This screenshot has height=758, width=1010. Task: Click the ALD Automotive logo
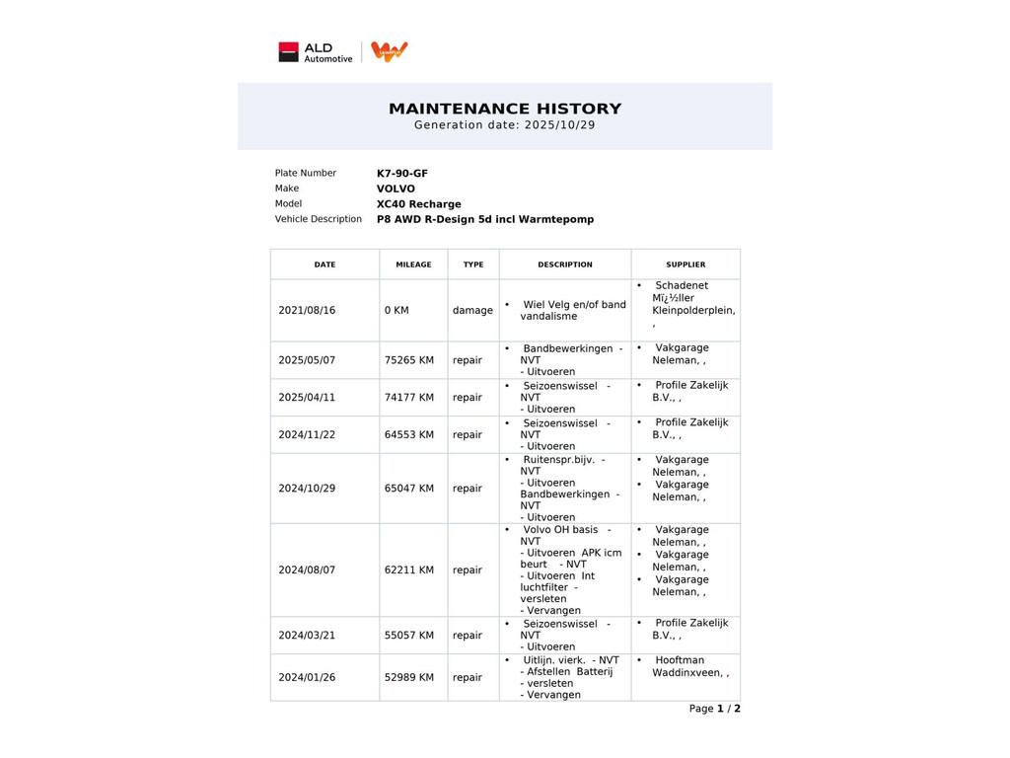tap(315, 52)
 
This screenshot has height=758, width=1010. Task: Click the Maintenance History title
tap(505, 109)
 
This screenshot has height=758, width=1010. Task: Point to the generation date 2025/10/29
tap(559, 125)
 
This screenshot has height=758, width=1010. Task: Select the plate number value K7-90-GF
tap(402, 174)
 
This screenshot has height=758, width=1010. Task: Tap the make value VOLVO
tap(396, 189)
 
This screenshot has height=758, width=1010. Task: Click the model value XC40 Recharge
tap(418, 204)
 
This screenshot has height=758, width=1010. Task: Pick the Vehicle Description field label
tap(318, 219)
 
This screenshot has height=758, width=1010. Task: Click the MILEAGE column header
tap(413, 265)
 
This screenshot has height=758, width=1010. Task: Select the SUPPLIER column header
tap(685, 265)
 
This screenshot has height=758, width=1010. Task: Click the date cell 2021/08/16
tap(307, 310)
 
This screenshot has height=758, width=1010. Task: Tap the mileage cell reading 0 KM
tap(397, 310)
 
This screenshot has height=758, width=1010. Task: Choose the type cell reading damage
tap(472, 310)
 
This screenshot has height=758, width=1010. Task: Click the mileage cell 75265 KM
tap(408, 360)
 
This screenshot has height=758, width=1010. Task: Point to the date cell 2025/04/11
tap(307, 398)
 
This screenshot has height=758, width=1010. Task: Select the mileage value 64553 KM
tap(408, 435)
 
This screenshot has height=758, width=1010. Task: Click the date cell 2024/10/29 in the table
tap(307, 489)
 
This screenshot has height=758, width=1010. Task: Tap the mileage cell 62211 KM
tap(408, 570)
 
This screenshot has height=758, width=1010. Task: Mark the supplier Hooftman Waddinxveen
tap(689, 667)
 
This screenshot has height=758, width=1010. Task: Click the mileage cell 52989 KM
tap(408, 678)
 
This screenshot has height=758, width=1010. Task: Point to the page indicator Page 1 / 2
tap(714, 709)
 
